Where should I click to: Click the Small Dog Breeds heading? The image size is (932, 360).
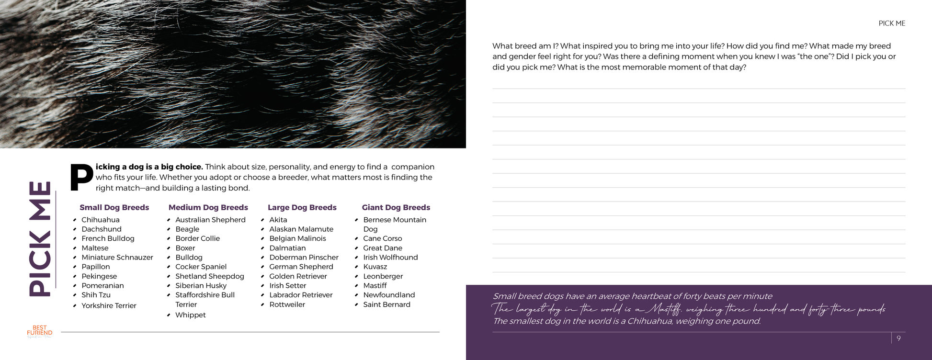point(114,207)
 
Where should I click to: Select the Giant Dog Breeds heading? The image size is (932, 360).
point(396,207)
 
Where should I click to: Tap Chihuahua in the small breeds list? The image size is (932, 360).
point(100,220)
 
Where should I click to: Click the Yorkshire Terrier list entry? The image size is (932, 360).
point(109,305)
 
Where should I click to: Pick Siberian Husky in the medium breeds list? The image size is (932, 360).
point(201,285)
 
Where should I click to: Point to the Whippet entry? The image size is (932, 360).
point(190,315)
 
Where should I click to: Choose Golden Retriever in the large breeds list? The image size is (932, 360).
point(298,276)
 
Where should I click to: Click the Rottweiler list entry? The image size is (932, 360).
point(287,304)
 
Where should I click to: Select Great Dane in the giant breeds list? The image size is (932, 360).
point(382,248)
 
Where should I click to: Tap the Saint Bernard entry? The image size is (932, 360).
point(386,304)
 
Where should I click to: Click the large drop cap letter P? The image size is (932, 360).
point(81,178)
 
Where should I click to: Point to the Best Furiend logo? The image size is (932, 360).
point(39,331)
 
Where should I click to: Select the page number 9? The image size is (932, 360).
point(898,338)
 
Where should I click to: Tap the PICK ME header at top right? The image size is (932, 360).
point(891,23)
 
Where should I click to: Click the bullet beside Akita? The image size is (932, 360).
point(262,220)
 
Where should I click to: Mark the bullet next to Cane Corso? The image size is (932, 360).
point(356,239)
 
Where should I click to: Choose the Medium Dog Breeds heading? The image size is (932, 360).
point(208,207)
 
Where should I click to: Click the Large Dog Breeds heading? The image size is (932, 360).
point(302,207)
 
